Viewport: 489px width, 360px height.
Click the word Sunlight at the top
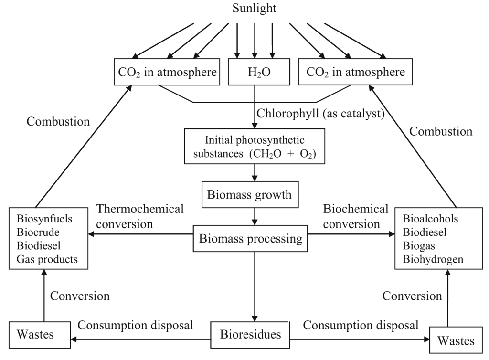(x=254, y=8)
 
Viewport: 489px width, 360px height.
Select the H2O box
(x=255, y=73)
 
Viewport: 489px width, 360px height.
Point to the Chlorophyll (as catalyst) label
(x=321, y=114)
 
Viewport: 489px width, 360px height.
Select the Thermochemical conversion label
(x=139, y=216)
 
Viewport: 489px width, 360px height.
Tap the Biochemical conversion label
(x=355, y=216)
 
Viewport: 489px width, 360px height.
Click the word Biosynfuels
(x=44, y=219)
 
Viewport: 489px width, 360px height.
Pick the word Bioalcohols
(x=430, y=219)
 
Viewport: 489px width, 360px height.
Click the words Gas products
(x=47, y=259)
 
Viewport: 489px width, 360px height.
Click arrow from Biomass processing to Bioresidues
(x=255, y=286)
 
